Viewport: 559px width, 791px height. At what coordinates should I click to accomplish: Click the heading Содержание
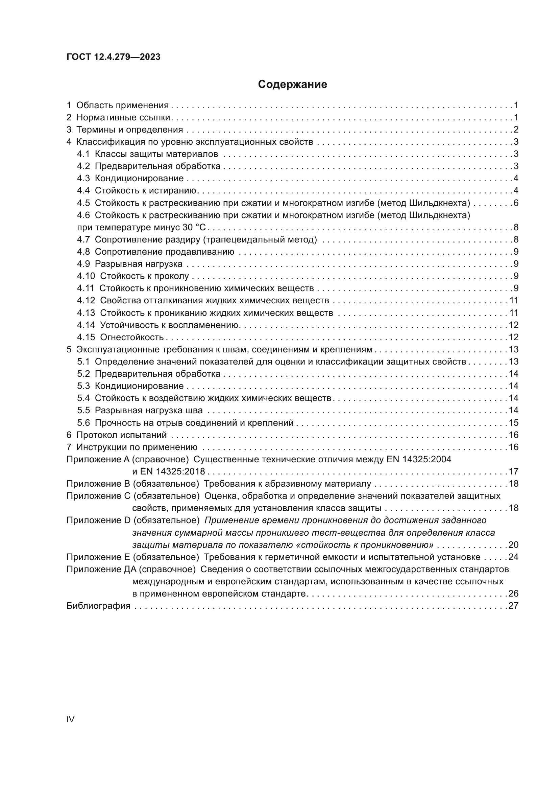[292, 85]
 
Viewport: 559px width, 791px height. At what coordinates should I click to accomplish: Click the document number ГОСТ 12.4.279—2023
[113, 57]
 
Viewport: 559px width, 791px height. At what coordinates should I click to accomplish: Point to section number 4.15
[86, 337]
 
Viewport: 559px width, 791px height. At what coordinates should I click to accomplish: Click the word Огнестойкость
[132, 337]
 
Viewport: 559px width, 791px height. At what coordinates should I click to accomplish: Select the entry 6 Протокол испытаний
[117, 435]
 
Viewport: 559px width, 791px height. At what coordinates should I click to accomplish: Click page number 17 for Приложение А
[513, 472]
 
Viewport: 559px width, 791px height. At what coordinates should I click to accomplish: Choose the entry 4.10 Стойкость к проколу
[133, 276]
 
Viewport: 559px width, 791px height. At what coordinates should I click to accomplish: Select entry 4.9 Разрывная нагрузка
[130, 264]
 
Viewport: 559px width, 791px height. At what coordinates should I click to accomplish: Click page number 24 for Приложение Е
[513, 557]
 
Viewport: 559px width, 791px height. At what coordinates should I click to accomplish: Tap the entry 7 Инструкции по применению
[132, 447]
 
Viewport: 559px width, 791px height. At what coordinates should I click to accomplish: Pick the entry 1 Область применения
[118, 106]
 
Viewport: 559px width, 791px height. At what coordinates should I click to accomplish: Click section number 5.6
[83, 423]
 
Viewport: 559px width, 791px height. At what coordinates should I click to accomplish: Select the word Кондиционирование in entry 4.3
[139, 179]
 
